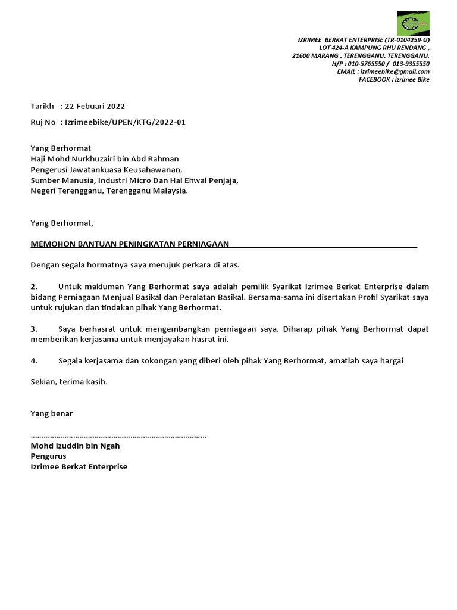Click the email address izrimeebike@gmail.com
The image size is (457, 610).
pyautogui.click(x=395, y=71)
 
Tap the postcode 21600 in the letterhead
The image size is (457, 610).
pyautogui.click(x=302, y=55)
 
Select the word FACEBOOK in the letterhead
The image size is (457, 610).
pyautogui.click(x=374, y=79)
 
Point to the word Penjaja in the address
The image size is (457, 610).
pyautogui.click(x=223, y=180)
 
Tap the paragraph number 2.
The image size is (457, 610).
pyautogui.click(x=34, y=287)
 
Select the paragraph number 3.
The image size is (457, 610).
pyautogui.click(x=34, y=329)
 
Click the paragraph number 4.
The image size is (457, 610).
pyautogui.click(x=34, y=361)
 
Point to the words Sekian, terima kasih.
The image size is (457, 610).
pyautogui.click(x=69, y=382)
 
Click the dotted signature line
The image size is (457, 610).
pyautogui.click(x=118, y=435)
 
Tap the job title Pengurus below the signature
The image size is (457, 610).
pyautogui.click(x=48, y=456)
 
